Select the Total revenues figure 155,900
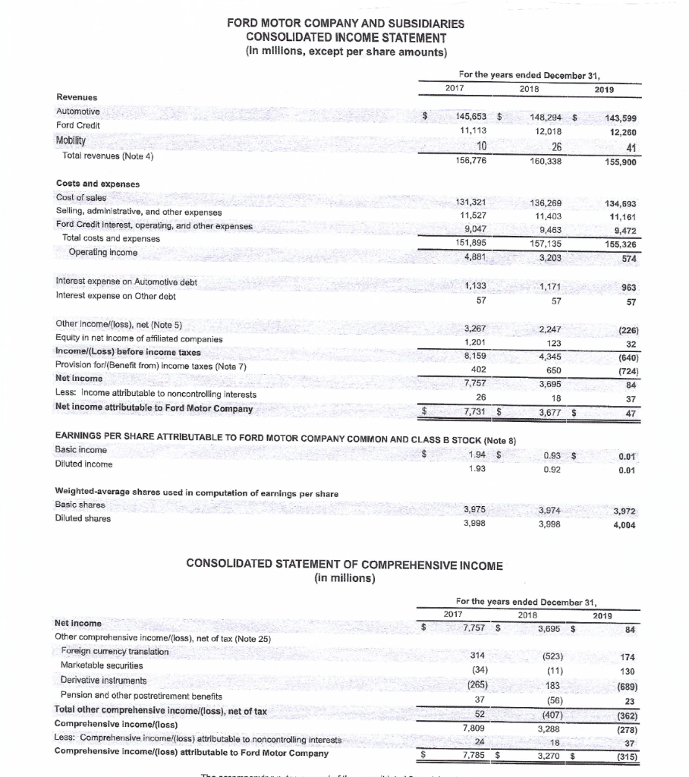click(621, 162)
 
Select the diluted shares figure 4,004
click(623, 523)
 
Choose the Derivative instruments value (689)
click(625, 684)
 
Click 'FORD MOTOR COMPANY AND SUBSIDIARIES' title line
click(345, 24)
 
